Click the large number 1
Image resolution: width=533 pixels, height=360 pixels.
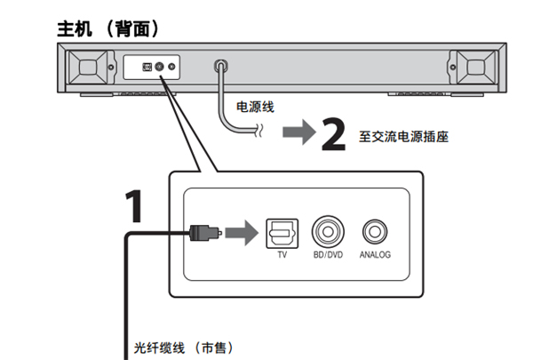point(131,206)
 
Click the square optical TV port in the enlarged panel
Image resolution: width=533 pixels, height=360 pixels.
point(282,233)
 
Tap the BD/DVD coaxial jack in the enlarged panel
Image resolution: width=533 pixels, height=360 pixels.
point(328,233)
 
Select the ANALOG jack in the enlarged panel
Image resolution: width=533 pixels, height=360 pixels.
point(374,233)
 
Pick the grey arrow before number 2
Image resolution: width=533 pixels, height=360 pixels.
point(298,133)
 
